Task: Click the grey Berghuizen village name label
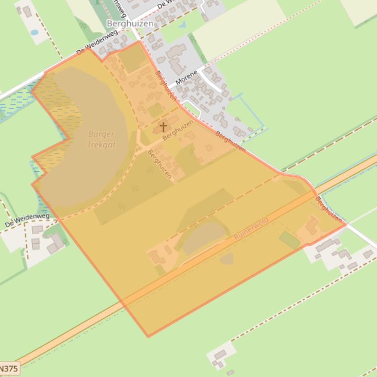130,23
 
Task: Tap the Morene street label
186,77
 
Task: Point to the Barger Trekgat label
101,139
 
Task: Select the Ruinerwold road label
251,229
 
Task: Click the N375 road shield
9,368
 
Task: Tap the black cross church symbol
163,127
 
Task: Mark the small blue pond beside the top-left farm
34,33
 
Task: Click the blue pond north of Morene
182,24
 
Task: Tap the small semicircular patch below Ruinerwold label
226,259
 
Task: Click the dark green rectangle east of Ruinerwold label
289,240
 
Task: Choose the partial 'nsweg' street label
117,6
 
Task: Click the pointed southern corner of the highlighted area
148,336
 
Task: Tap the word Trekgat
101,144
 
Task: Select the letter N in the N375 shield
3,368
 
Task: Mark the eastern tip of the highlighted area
346,224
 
